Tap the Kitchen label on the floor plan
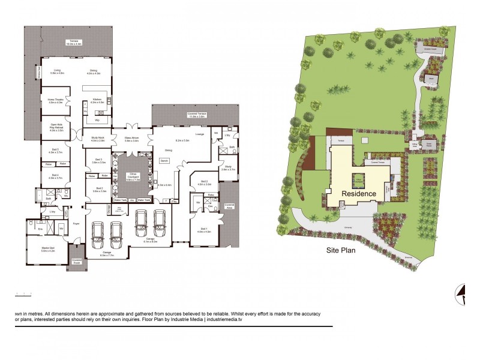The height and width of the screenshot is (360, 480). click(97, 100)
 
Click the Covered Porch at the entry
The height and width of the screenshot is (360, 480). click(76, 261)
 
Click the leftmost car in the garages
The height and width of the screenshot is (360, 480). click(98, 234)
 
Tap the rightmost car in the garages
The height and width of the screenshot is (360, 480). click(160, 221)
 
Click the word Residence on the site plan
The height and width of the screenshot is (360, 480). click(359, 193)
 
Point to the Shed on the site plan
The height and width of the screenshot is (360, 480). click(431, 79)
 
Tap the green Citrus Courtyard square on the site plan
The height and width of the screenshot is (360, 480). click(359, 178)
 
